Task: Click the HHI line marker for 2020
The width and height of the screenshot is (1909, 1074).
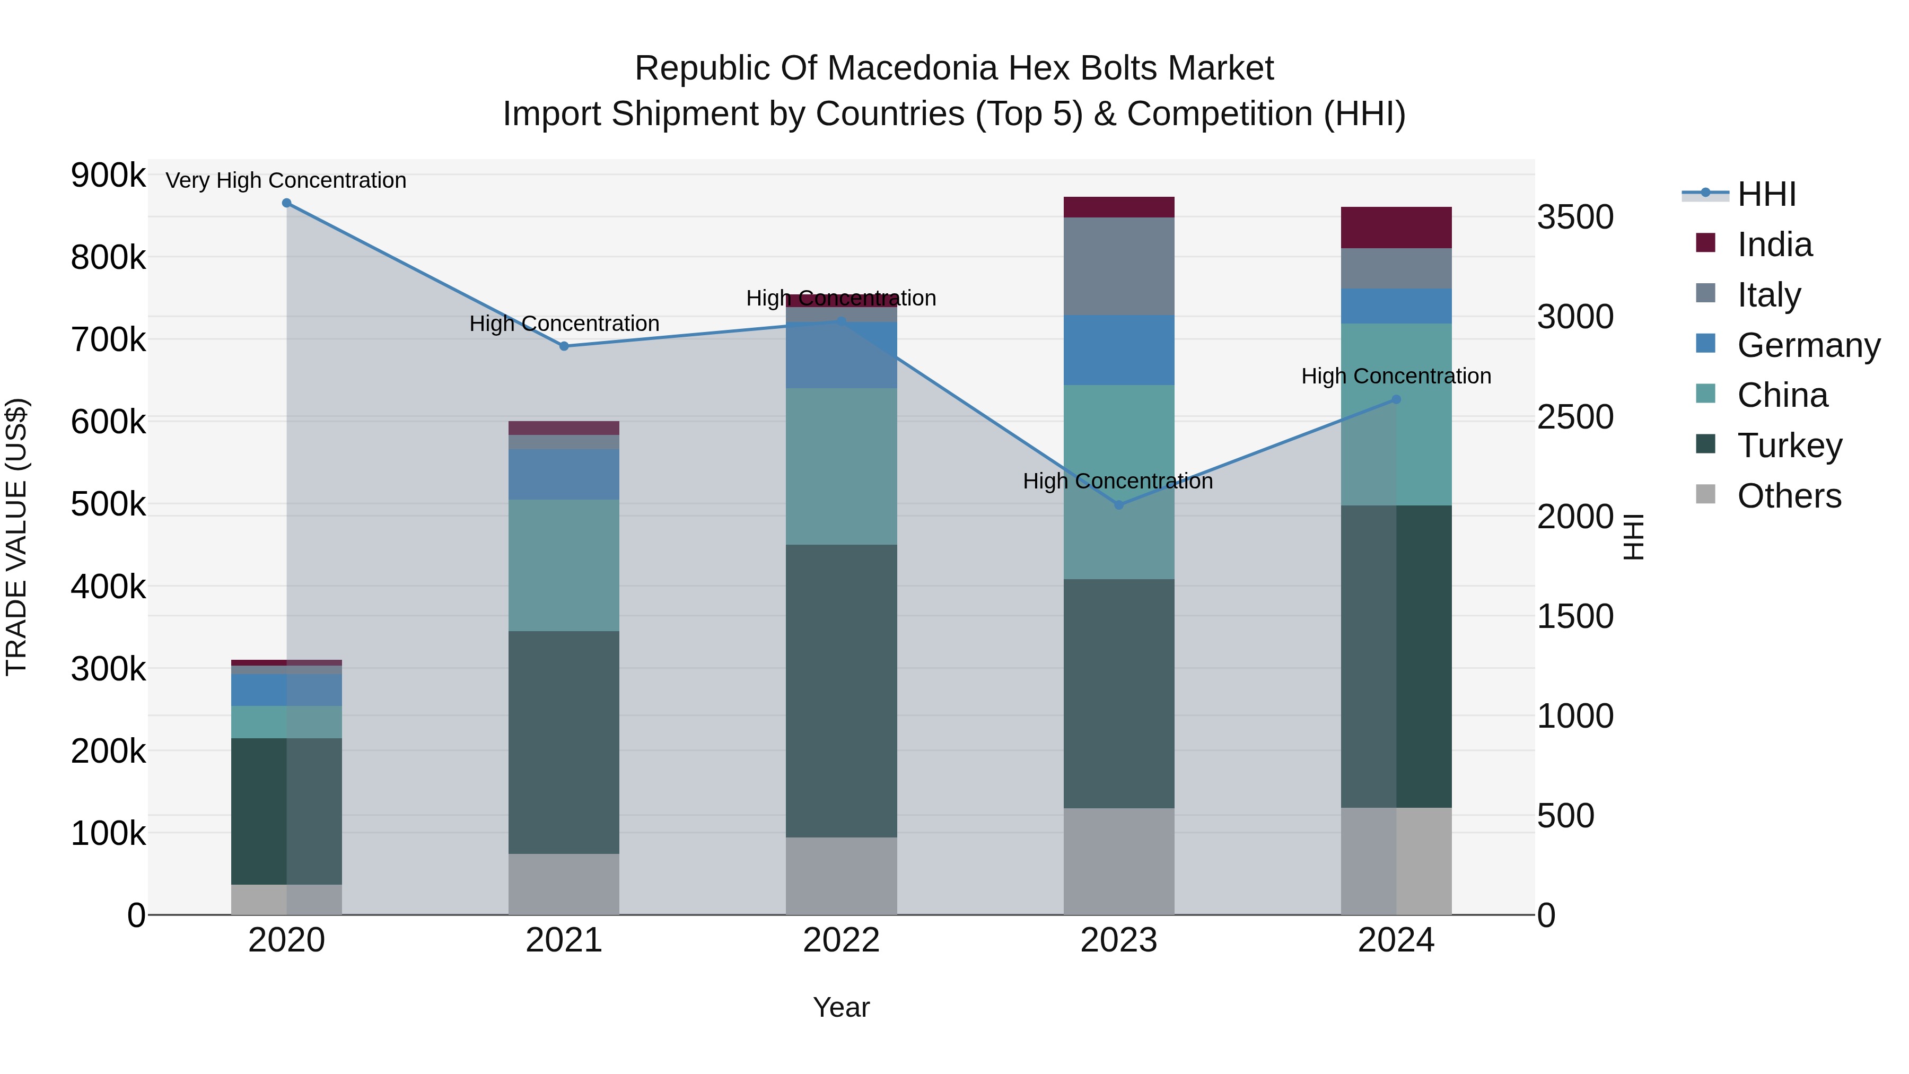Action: (x=287, y=203)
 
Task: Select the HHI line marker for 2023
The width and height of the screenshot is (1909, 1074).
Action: (x=1119, y=505)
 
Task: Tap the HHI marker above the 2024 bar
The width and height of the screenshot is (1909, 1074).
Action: (x=1396, y=399)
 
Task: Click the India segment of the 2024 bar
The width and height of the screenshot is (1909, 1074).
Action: (x=1396, y=228)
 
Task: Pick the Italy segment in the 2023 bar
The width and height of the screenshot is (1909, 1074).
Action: (x=1119, y=266)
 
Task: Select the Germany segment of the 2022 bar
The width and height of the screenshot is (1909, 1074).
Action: (x=841, y=355)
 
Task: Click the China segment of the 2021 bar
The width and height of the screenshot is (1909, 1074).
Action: (x=564, y=565)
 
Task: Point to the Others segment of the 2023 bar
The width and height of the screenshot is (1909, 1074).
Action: (x=1119, y=861)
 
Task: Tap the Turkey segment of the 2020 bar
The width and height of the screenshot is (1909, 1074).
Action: (x=287, y=811)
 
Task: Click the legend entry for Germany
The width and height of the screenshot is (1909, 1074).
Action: (x=1808, y=345)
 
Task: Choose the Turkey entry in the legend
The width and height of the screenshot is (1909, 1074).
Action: (x=1789, y=446)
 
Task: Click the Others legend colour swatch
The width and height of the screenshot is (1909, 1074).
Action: (x=1705, y=494)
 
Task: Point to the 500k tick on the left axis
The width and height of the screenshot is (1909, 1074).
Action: (x=108, y=505)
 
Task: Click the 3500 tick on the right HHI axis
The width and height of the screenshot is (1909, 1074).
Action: (x=1575, y=217)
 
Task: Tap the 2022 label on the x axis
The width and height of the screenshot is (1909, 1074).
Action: (x=841, y=940)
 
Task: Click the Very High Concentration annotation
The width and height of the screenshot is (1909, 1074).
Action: (x=286, y=180)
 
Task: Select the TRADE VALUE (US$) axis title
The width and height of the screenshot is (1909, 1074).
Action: (x=16, y=537)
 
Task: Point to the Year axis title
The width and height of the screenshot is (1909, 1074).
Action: (x=841, y=1007)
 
